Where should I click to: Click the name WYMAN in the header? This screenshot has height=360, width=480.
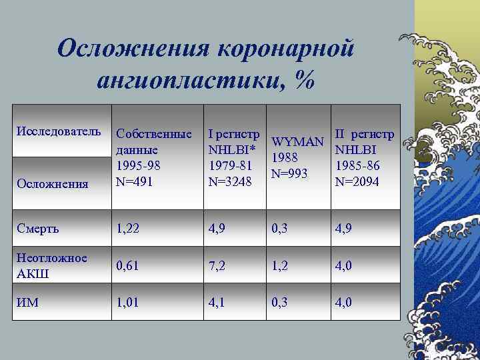tap(298, 142)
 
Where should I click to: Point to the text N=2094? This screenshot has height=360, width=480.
tap(361, 181)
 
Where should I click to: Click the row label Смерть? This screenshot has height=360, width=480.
tap(38, 229)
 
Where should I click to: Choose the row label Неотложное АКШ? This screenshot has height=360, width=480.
tap(53, 265)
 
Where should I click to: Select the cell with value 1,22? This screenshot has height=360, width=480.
tap(130, 229)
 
